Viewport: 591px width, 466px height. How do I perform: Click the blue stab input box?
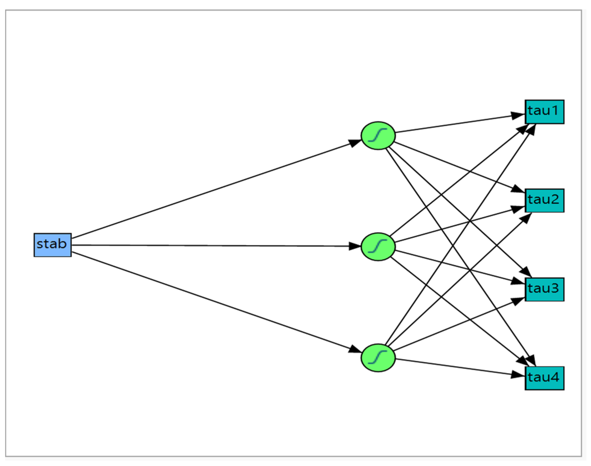53,245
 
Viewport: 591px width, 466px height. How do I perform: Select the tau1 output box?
544,112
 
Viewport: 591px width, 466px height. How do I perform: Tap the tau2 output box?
544,201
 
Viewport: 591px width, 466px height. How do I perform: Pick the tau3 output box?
544,289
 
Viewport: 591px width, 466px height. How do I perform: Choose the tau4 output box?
544,378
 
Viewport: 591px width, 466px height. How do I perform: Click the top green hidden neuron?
378,136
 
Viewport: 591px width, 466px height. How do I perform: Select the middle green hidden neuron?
378,246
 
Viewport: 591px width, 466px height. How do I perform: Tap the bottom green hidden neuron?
378,358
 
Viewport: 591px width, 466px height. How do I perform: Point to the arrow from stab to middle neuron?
211,246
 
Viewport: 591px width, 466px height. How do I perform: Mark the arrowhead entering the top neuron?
355,143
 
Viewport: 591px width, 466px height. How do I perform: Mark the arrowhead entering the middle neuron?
355,246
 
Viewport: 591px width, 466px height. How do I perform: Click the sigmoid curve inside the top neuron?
378,135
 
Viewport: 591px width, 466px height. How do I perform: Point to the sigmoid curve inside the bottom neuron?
378,357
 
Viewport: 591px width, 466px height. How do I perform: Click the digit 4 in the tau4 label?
554,377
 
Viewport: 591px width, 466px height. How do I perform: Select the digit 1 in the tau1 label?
554,111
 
